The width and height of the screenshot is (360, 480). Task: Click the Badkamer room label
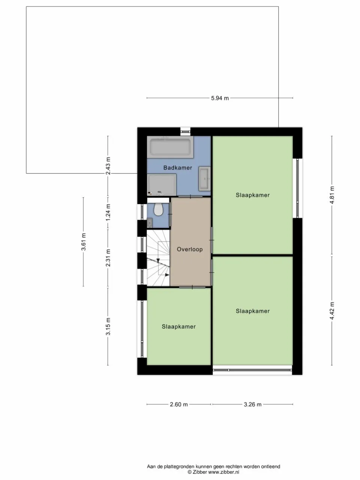[x=177, y=168]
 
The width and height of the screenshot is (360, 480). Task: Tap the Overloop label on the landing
[x=190, y=249]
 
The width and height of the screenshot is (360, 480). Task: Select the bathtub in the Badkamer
[x=170, y=147]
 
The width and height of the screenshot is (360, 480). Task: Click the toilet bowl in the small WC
[x=159, y=209]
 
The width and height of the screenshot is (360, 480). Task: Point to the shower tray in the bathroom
[x=162, y=185]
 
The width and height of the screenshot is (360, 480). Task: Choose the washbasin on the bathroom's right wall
[x=205, y=178]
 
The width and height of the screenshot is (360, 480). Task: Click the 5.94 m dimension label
[x=220, y=98]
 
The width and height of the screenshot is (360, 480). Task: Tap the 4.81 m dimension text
[x=332, y=195]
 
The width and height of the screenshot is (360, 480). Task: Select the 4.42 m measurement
[x=332, y=310]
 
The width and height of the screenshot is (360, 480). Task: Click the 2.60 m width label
[x=179, y=405]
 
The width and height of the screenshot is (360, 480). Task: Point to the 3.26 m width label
[x=253, y=405]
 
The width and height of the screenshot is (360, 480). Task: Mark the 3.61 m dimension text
[x=83, y=242]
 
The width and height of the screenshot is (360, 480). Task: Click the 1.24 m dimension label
[x=108, y=212]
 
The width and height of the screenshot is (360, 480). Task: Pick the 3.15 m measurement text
[x=108, y=327]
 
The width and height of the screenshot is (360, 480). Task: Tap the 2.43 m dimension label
[x=108, y=166]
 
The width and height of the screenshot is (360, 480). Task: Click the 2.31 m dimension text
[x=108, y=258]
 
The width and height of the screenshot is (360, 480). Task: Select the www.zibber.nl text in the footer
[x=223, y=472]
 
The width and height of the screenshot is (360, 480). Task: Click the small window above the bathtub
[x=185, y=132]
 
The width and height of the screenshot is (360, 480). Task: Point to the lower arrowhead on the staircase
[x=167, y=275]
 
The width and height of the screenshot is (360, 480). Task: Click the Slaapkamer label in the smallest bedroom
[x=178, y=327]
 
